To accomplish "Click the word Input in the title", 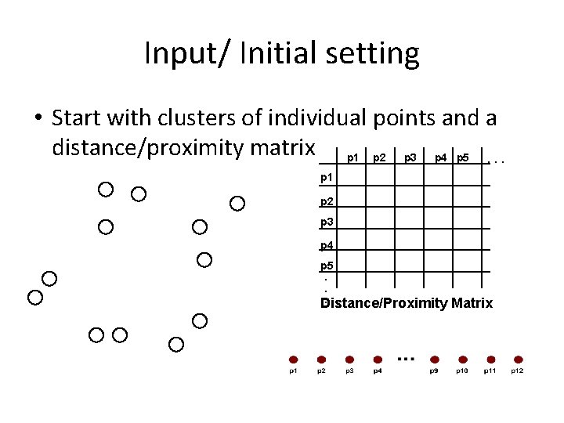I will coord(172,54).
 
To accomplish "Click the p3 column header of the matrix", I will coord(410,158).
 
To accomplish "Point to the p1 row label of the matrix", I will coord(327,179).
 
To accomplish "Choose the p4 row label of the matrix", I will coord(327,246).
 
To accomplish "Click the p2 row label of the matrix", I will coord(327,201).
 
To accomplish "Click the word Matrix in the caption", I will coord(472,303).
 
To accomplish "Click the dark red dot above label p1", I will coord(292,360).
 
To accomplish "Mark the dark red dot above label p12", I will coord(518,360).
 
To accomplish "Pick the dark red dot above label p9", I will coord(434,360).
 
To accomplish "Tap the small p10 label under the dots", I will coord(462,371).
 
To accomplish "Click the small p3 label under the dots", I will coord(349,371).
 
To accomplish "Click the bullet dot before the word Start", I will coord(38,119).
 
